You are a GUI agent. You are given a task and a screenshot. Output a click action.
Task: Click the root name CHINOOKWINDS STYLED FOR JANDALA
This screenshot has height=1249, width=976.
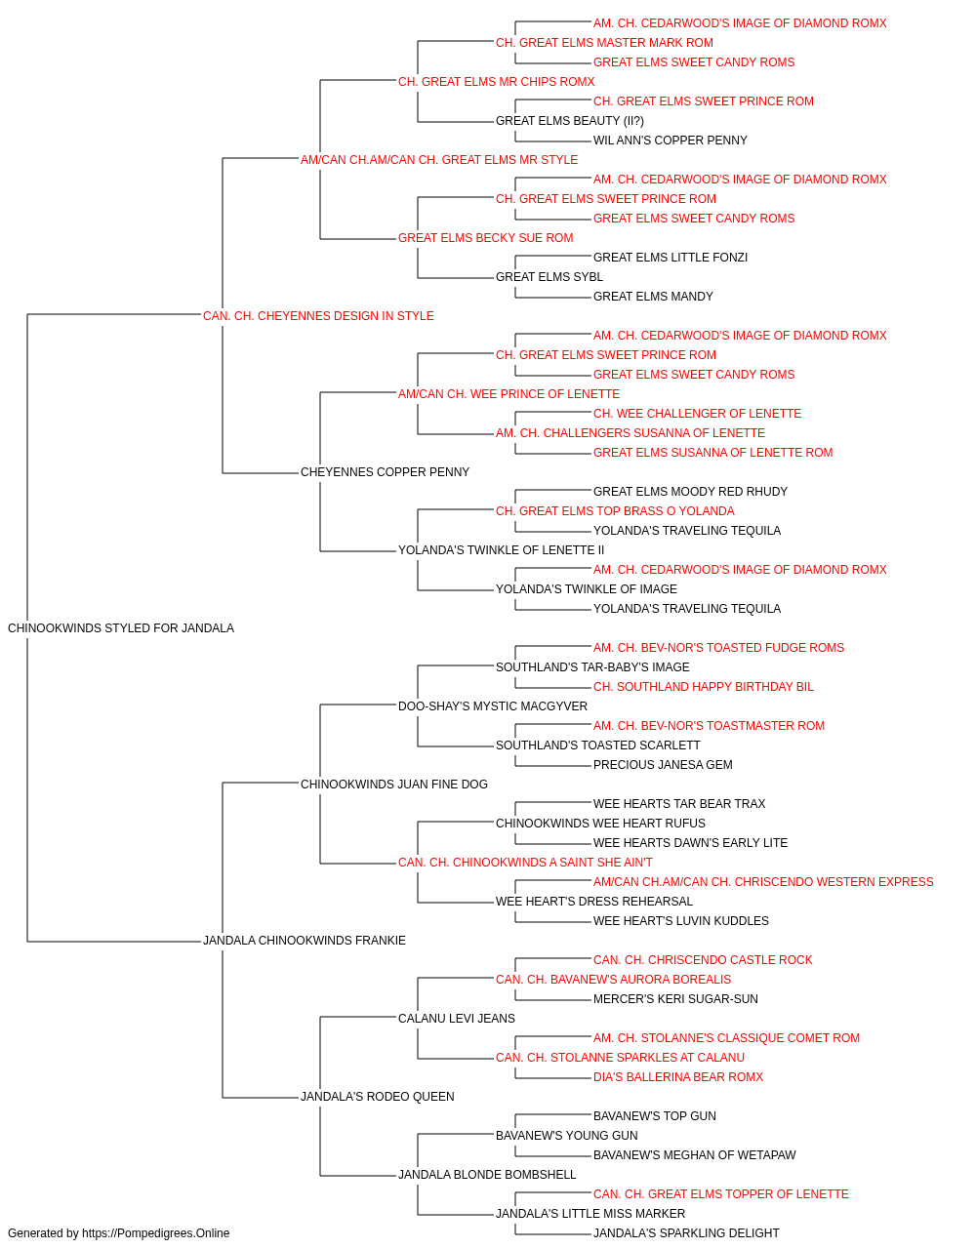pyautogui.click(x=121, y=628)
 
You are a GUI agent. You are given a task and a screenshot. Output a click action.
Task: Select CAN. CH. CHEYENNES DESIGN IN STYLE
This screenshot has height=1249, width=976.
pyautogui.click(x=318, y=316)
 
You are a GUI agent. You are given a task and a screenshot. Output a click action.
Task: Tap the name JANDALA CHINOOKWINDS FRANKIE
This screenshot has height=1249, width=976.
pyautogui.click(x=305, y=941)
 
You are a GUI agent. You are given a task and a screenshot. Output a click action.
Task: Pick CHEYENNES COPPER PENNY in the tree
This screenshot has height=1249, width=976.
pyautogui.click(x=386, y=472)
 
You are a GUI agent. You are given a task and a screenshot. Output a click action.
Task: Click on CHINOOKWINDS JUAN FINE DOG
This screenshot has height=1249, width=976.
pyautogui.click(x=393, y=784)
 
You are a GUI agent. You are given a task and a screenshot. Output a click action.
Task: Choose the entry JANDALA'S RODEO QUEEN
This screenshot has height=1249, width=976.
pyautogui.click(x=377, y=1096)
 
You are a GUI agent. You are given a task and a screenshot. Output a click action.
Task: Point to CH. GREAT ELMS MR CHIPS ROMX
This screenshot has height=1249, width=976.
pyautogui.click(x=497, y=82)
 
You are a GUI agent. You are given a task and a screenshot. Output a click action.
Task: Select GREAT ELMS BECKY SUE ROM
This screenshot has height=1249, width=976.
pyautogui.click(x=486, y=238)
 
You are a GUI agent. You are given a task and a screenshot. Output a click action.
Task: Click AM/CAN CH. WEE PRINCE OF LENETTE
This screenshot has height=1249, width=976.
pyautogui.click(x=508, y=393)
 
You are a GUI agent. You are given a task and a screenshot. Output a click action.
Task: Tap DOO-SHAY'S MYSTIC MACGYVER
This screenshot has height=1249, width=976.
pyautogui.click(x=493, y=705)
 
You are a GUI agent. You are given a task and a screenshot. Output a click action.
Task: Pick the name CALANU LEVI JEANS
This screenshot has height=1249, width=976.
pyautogui.click(x=457, y=1019)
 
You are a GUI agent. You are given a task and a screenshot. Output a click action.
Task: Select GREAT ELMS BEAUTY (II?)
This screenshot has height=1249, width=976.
pyautogui.click(x=570, y=121)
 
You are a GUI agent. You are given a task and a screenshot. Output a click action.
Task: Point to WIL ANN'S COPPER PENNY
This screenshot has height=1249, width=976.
pyautogui.click(x=671, y=141)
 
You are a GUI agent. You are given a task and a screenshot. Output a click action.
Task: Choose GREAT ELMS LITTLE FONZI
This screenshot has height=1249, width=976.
pyautogui.click(x=671, y=258)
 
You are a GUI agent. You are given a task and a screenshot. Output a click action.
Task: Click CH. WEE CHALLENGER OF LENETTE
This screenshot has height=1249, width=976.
pyautogui.click(x=697, y=414)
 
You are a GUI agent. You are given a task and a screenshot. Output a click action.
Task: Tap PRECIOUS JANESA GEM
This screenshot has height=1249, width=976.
pyautogui.click(x=663, y=764)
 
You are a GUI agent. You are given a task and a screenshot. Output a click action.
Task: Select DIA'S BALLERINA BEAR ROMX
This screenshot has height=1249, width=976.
pyautogui.click(x=678, y=1076)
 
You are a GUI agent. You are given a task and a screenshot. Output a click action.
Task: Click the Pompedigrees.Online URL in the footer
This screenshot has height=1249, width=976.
pyautogui.click(x=156, y=1233)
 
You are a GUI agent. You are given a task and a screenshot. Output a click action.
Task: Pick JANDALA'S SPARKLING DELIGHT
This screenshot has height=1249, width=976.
pyautogui.click(x=686, y=1233)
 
